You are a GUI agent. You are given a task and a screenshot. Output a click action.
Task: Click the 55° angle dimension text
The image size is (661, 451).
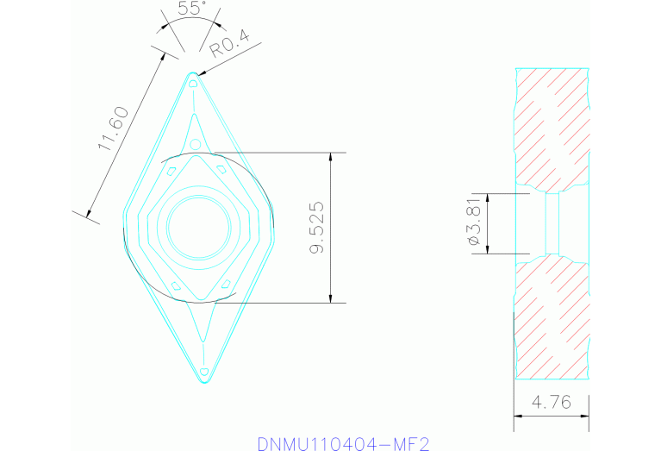tap(191, 9)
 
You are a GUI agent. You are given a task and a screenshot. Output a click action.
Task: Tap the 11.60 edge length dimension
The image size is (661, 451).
tap(113, 128)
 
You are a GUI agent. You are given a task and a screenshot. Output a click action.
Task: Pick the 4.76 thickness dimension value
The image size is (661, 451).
tap(552, 402)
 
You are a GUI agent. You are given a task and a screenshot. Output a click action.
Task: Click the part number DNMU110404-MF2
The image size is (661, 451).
tap(343, 443)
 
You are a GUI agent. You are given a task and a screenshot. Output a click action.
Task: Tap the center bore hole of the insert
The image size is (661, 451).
tap(199, 228)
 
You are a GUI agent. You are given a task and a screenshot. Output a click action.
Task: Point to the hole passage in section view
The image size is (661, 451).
tap(552, 223)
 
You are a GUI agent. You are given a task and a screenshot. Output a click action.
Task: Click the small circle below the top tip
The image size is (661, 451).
tap(196, 143)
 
